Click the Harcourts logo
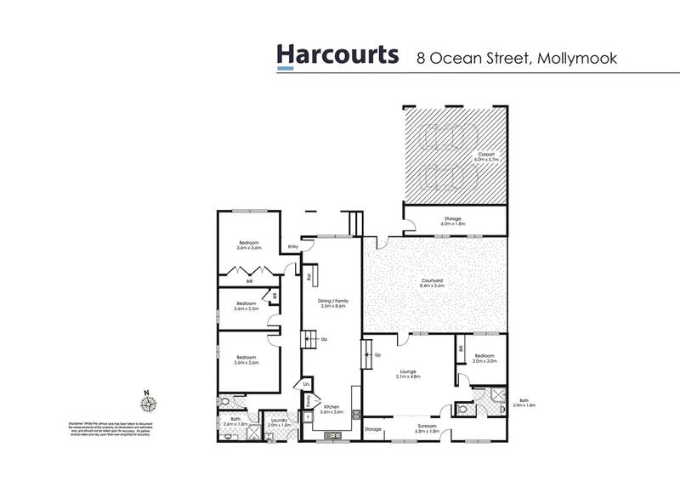337,55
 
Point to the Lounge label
410,371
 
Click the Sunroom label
426,429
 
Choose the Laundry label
279,420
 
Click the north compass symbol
146,405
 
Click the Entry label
293,247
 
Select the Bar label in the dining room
309,275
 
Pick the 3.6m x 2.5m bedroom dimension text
246,308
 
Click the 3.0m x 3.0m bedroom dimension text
485,361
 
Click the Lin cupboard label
306,385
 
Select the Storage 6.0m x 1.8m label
451,221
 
